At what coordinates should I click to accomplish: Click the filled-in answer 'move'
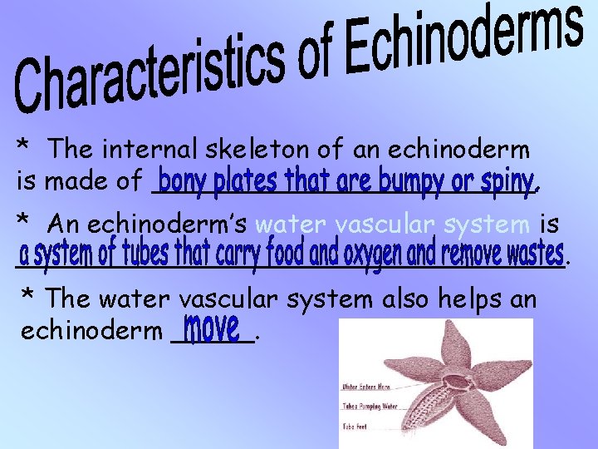[212, 328]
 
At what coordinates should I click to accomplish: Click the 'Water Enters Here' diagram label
[366, 387]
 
